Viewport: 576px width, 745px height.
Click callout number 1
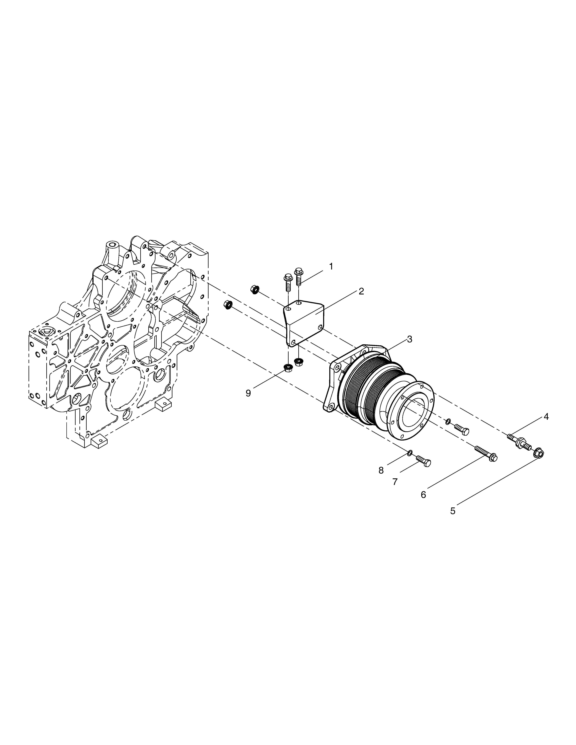pos(331,266)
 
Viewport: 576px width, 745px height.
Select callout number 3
pos(409,339)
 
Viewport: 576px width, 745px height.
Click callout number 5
pos(453,521)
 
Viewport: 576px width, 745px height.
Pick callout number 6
pos(424,495)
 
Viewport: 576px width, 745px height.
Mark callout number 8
pos(381,470)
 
